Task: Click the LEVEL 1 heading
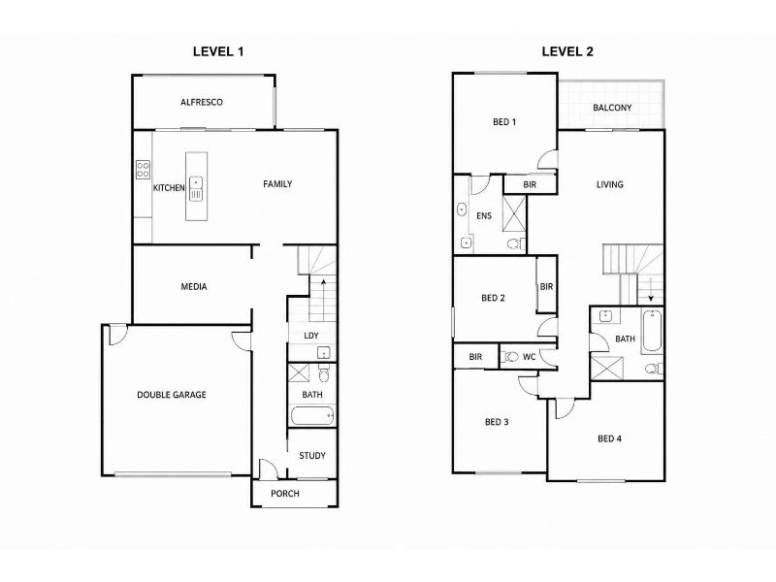point(218,51)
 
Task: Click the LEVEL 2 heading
point(567,51)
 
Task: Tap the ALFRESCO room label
point(202,103)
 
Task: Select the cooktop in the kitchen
point(143,170)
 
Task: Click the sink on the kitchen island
point(196,189)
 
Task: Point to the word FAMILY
point(277,184)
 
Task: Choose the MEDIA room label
point(194,286)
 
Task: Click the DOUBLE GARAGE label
point(172,395)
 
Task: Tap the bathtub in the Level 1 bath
point(312,416)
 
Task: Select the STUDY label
point(312,455)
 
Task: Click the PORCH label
point(285,494)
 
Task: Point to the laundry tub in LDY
point(324,352)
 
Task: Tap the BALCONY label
point(612,108)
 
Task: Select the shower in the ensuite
point(515,213)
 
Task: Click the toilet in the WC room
point(510,357)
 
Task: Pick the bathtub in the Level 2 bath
point(652,331)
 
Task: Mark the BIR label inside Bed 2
point(546,286)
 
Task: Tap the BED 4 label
point(610,438)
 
